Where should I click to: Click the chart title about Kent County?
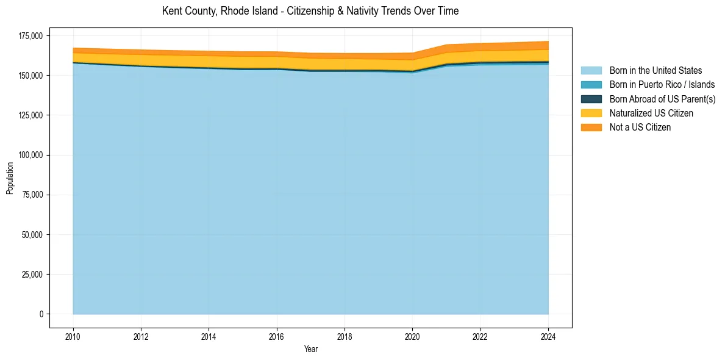click(310, 11)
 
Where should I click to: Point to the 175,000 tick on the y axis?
click(31, 35)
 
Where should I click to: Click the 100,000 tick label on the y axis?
click(31, 155)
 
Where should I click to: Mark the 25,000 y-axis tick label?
click(33, 274)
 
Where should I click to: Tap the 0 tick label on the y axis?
click(41, 314)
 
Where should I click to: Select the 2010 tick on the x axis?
click(73, 336)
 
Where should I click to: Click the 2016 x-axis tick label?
click(277, 336)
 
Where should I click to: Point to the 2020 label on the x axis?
click(412, 336)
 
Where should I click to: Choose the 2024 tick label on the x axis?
click(548, 336)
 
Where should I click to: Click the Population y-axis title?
click(10, 178)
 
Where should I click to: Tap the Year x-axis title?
click(310, 349)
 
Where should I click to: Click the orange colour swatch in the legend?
click(591, 127)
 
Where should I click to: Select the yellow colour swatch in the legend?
click(591, 113)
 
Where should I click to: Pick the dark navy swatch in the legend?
click(591, 99)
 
